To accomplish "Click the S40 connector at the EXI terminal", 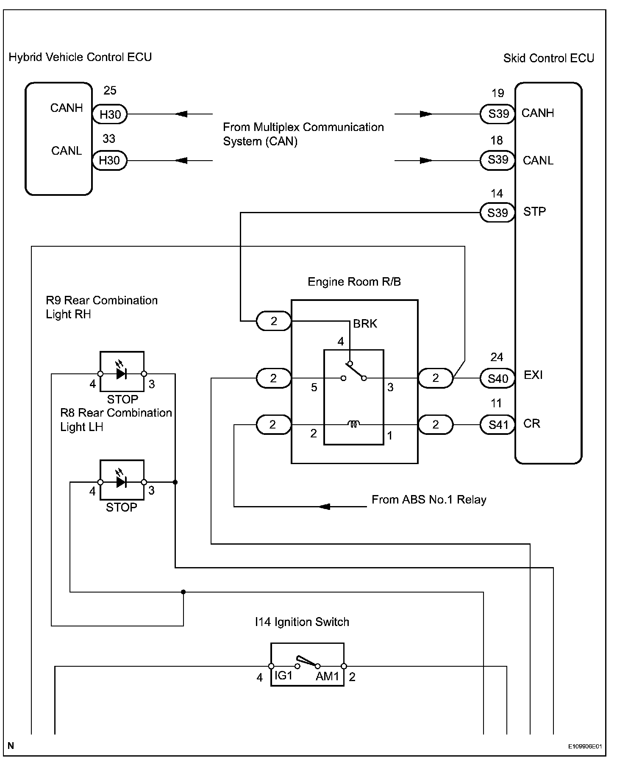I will pos(497,378).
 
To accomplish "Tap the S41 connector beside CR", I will pos(497,425).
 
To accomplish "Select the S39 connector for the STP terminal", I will pos(497,212).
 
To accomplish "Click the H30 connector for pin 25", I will pos(110,114).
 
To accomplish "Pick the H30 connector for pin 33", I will pos(109,161).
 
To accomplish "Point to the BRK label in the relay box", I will pos(365,324).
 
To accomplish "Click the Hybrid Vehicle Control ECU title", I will pos(80,57).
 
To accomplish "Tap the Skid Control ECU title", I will pos(548,58).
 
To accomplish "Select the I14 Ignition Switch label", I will pos(302,622).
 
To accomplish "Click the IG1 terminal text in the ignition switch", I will pos(283,676).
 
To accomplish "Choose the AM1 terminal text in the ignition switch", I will pos(327,676).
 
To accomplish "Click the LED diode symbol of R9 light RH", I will pos(122,373).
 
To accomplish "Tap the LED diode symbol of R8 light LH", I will pos(122,482).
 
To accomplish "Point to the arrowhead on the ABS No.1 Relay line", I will pos(324,506).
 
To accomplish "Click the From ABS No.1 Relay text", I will pos(429,500).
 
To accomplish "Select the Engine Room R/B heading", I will pos(354,282).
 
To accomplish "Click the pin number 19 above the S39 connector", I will pos(497,93).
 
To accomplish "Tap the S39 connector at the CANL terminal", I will pos(497,160).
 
